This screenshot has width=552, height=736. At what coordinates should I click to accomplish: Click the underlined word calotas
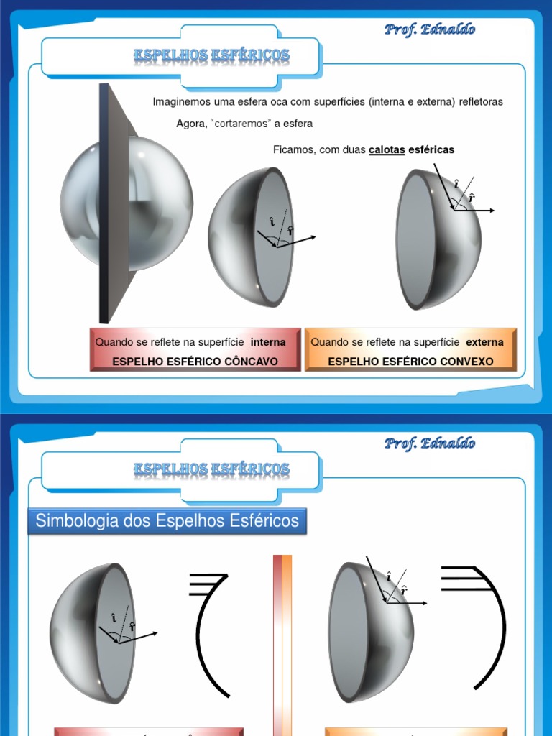coord(387,149)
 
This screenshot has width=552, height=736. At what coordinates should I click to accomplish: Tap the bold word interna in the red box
coord(268,342)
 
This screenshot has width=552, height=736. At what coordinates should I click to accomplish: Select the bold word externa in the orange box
coord(484,342)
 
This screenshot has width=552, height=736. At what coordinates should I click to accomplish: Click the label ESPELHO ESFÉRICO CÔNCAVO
coord(195,361)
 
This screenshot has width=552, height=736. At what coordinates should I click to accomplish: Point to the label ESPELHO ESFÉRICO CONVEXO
coord(410,361)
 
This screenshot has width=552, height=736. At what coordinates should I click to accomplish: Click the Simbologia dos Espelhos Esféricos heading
coord(167,521)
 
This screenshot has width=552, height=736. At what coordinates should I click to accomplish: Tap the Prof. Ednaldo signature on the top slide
coord(429,29)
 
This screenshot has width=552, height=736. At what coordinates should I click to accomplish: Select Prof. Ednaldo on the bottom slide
coord(429,443)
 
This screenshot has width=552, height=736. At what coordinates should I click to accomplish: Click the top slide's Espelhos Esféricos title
coord(211,55)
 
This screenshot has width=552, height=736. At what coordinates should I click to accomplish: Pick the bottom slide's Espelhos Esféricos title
coord(211,469)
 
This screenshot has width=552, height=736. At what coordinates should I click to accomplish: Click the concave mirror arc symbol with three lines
coord(208,632)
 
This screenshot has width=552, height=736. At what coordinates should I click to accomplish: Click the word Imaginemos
coord(177,102)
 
